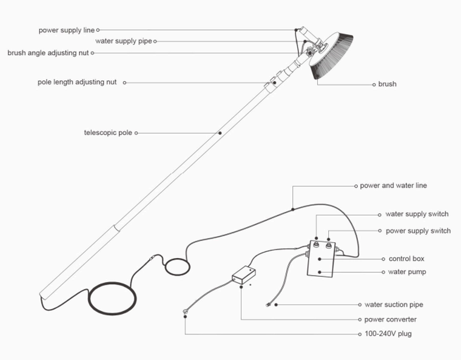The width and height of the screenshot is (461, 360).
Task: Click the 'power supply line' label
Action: tap(67, 29)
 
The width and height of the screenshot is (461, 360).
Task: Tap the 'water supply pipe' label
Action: tap(124, 41)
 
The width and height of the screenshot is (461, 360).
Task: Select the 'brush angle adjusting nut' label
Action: tap(48, 53)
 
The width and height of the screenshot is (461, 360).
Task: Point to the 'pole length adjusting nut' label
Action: tap(77, 82)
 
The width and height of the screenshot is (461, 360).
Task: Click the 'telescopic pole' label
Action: tap(108, 132)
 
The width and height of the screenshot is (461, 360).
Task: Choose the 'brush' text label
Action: tap(387, 84)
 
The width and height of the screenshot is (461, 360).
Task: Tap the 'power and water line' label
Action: tap(393, 185)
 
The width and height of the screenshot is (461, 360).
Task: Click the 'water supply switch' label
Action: tap(417, 214)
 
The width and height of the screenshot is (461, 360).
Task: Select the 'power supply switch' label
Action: tap(418, 231)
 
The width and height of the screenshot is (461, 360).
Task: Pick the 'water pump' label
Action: tap(406, 272)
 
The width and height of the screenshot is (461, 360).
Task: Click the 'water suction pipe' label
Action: tap(394, 304)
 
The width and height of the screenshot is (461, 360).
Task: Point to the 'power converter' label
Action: tap(390, 319)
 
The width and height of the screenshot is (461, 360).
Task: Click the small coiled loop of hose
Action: tap(178, 265)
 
